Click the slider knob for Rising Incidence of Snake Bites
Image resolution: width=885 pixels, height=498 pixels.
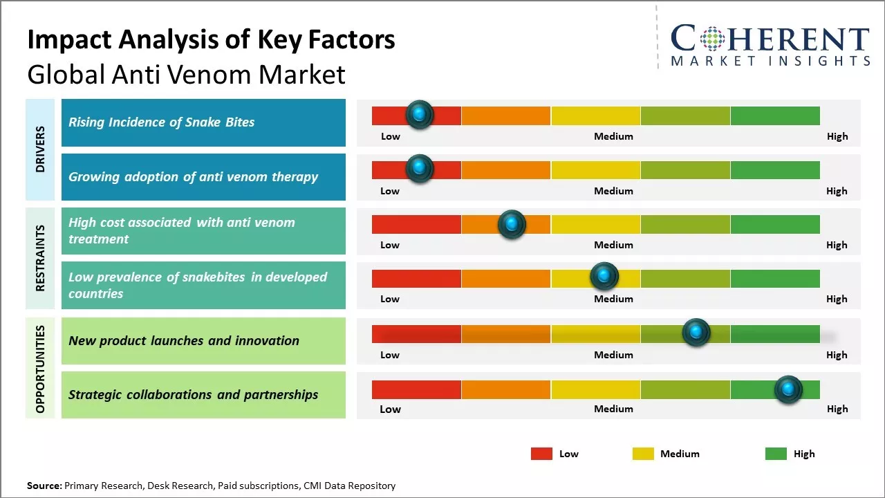pyautogui.click(x=419, y=115)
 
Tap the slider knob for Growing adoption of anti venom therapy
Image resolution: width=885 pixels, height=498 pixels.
pyautogui.click(x=419, y=169)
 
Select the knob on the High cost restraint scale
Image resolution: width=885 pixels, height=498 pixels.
pyautogui.click(x=512, y=223)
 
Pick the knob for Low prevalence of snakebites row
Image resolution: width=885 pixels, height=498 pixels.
pyautogui.click(x=604, y=277)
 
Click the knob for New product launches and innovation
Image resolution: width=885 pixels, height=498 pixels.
pyautogui.click(x=696, y=333)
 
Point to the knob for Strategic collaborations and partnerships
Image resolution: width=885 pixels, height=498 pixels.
pyautogui.click(x=788, y=389)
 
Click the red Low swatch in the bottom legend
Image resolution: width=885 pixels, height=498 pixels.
pyautogui.click(x=541, y=454)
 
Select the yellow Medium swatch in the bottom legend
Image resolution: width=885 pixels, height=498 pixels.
pyautogui.click(x=643, y=454)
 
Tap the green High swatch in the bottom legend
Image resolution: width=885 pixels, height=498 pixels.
pyautogui.click(x=776, y=454)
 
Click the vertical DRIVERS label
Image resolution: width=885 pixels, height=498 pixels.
pyautogui.click(x=40, y=149)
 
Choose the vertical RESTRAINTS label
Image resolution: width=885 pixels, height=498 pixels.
pyautogui.click(x=40, y=258)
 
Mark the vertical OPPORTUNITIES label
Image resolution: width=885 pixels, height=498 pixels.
pyautogui.click(x=40, y=369)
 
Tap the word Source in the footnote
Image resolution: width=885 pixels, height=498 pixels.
pyautogui.click(x=44, y=486)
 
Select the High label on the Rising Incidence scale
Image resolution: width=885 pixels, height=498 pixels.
pyautogui.click(x=837, y=136)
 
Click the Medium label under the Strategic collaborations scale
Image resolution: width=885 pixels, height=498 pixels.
pyautogui.click(x=613, y=409)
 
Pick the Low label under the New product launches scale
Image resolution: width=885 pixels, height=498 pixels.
pyautogui.click(x=390, y=355)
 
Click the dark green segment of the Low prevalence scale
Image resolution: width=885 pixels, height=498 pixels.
pyautogui.click(x=774, y=278)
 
